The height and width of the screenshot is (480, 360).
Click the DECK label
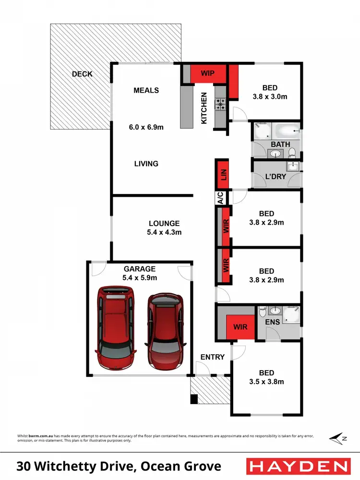tap(82, 74)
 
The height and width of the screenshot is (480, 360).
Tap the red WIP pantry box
tap(207, 73)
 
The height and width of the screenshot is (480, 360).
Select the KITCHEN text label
tap(204, 108)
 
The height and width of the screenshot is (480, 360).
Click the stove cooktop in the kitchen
tap(220, 104)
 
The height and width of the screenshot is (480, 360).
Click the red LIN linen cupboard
tap(222, 174)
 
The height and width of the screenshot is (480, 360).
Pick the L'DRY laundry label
tap(276, 177)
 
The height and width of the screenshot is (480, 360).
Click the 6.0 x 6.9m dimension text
tap(146, 127)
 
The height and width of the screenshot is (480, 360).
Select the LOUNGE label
tap(164, 223)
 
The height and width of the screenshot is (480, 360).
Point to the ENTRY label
tap(212, 357)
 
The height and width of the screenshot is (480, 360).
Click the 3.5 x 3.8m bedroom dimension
tap(266, 382)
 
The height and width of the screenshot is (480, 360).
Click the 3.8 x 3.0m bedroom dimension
tap(269, 96)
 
